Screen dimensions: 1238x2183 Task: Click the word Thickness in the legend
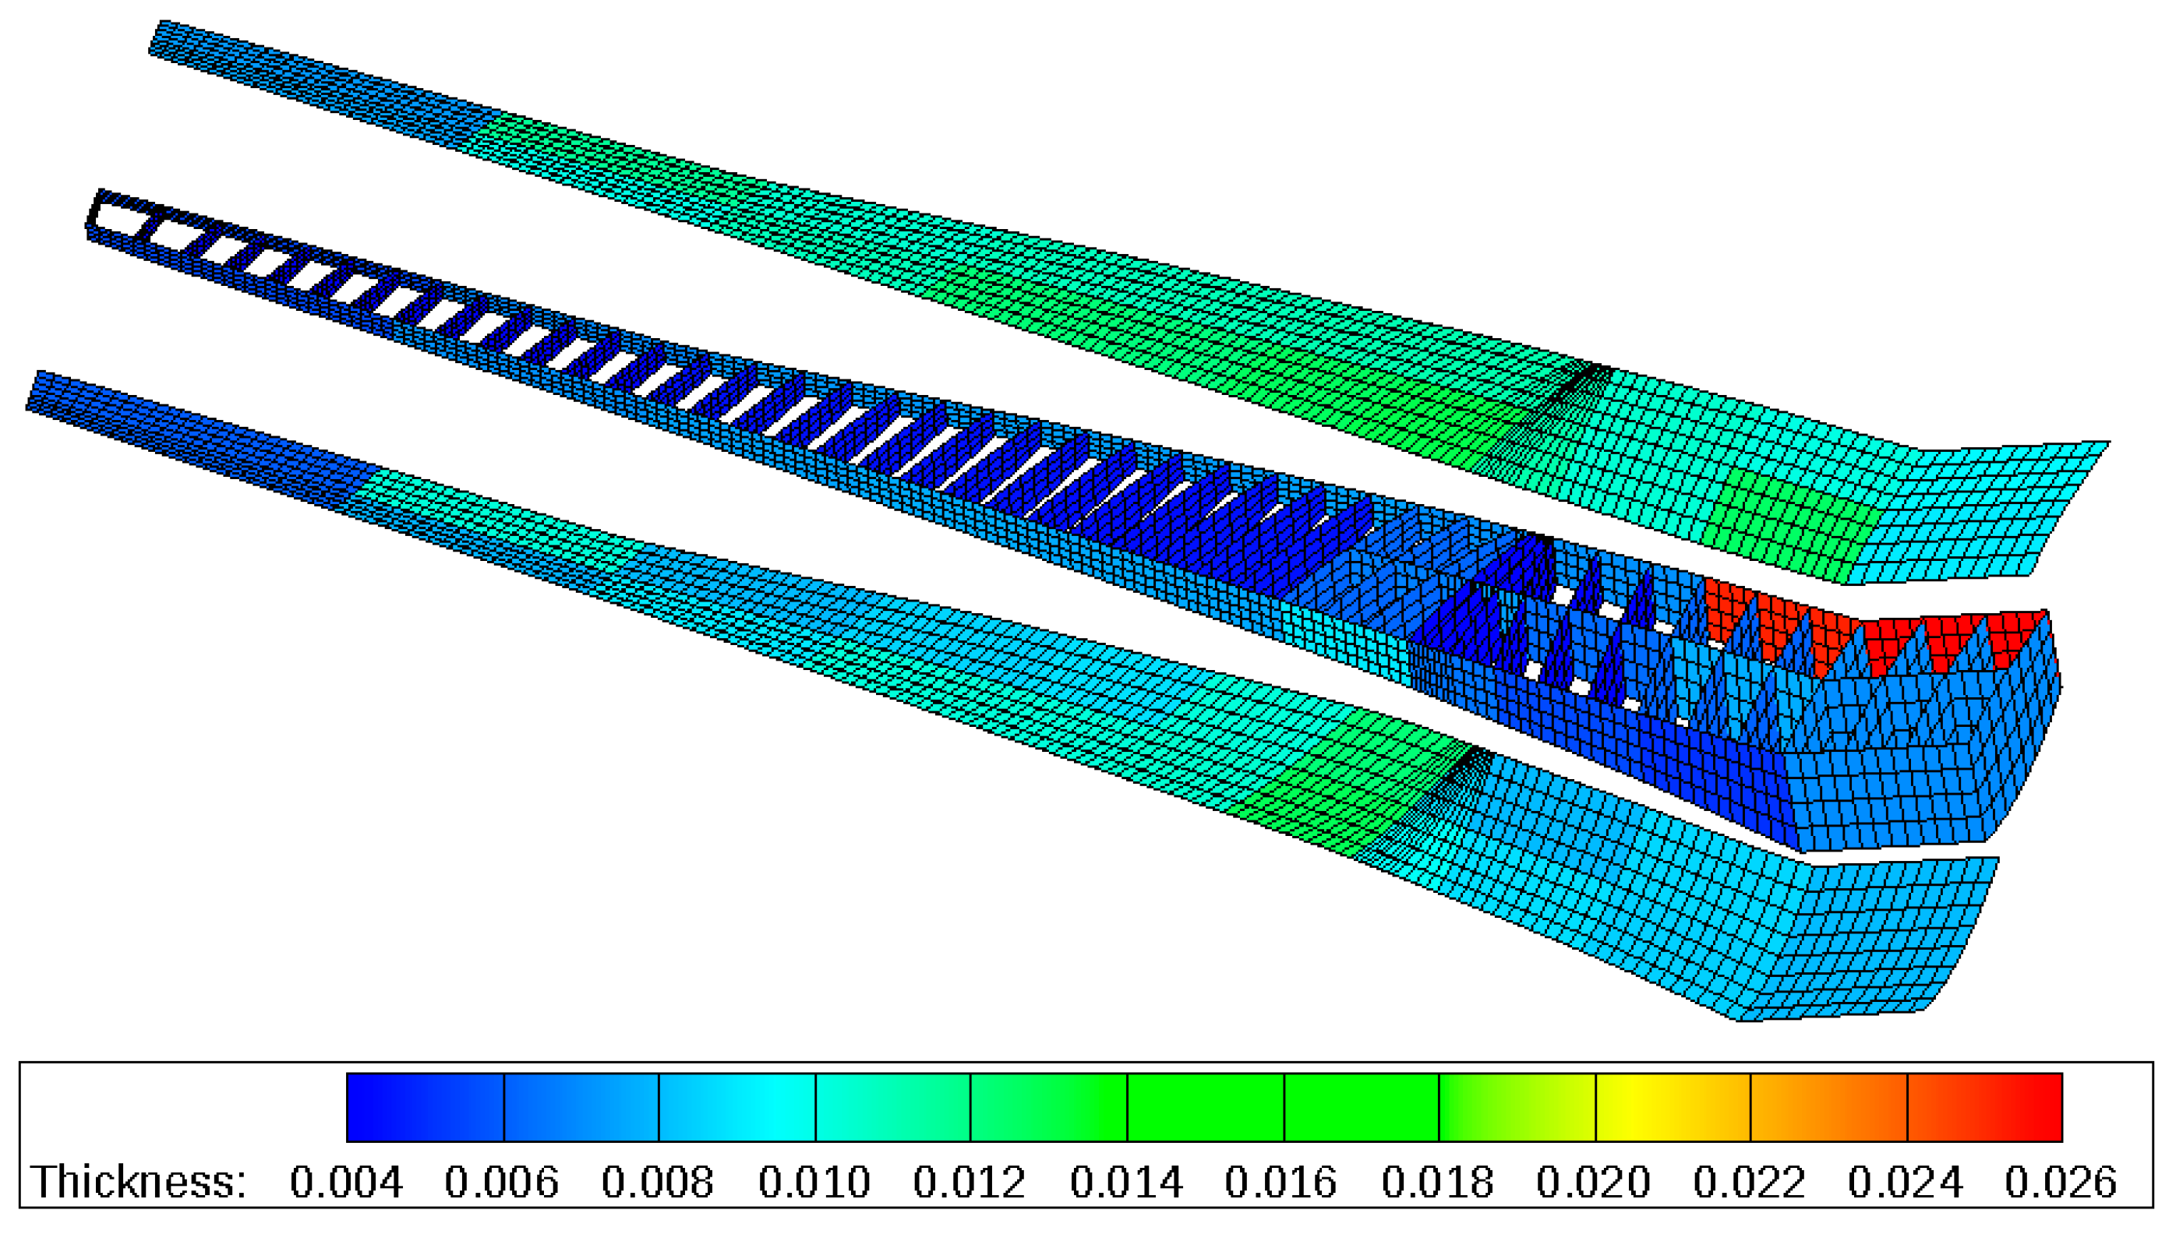coord(139,1182)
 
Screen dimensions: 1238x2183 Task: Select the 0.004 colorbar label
coord(345,1182)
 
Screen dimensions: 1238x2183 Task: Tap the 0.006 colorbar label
coord(501,1182)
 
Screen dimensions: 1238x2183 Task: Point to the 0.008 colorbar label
coord(657,1182)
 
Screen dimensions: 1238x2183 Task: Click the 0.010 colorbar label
coord(814,1182)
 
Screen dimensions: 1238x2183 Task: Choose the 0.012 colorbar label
coord(970,1182)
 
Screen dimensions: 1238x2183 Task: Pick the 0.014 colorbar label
coord(1126,1182)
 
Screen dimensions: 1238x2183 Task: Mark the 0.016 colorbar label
coord(1280,1182)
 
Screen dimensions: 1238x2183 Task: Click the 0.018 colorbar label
coord(1437,1182)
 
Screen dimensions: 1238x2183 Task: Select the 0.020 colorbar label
coord(1594,1182)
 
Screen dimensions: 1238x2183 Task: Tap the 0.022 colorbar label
coord(1750,1182)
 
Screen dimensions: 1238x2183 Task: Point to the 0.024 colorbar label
coord(1906,1182)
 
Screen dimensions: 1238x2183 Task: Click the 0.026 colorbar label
coord(2061,1182)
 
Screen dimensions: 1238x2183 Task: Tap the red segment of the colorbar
coord(1986,1107)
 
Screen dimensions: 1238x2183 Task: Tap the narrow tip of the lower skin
coord(43,391)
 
